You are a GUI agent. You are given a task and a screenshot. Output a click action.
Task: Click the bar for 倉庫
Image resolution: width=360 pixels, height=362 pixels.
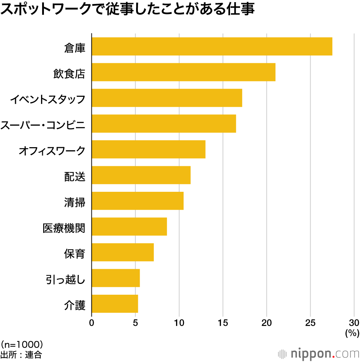(x=212, y=46)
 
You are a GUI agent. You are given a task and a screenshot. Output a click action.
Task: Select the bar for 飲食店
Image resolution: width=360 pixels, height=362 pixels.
(x=184, y=72)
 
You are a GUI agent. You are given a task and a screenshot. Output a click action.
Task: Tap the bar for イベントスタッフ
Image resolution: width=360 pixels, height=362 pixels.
(x=167, y=98)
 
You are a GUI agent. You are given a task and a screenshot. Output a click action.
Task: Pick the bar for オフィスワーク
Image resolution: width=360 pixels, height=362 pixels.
(x=148, y=149)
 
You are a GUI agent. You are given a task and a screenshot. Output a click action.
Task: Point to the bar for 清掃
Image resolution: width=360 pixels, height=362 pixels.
(x=138, y=201)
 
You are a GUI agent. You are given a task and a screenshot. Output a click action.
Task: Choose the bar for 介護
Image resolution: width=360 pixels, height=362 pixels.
(x=115, y=304)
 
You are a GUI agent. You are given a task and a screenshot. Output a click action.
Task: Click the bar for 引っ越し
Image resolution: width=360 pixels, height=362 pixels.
(x=116, y=278)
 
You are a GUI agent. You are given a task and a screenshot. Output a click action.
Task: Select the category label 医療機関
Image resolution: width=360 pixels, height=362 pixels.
(x=64, y=228)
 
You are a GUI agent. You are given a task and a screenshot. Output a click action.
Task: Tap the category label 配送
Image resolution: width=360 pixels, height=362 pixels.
(x=75, y=176)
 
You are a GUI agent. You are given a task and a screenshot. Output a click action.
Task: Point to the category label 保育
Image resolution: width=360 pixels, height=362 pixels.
(x=75, y=254)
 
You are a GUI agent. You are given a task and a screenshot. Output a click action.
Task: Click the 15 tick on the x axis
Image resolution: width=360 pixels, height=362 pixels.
(x=223, y=322)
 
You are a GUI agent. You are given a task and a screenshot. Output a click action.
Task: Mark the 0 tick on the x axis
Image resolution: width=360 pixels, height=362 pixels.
(x=92, y=322)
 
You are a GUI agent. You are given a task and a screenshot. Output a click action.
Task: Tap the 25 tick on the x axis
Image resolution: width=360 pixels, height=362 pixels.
(x=310, y=322)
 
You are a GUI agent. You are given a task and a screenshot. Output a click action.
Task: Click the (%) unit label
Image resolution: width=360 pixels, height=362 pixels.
(x=352, y=333)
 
